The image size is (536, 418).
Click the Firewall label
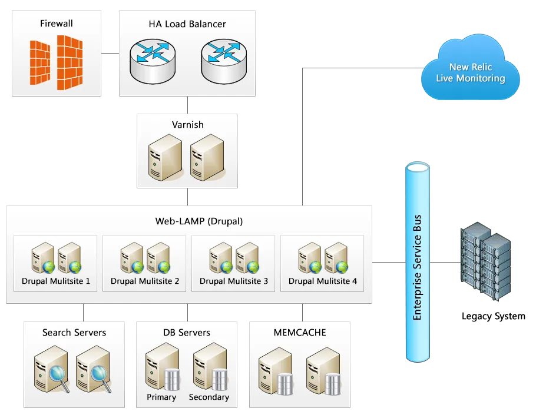(x=57, y=23)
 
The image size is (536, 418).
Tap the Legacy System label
(x=493, y=316)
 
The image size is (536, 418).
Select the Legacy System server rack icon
(x=485, y=261)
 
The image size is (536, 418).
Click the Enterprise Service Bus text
(x=418, y=268)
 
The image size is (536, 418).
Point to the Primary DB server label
(x=161, y=397)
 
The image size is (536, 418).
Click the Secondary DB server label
(x=209, y=397)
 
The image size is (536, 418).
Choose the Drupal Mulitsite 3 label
(x=234, y=281)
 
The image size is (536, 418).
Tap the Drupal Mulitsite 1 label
(x=56, y=281)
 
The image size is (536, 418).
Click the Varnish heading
(x=188, y=124)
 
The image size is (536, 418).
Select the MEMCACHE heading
(x=300, y=333)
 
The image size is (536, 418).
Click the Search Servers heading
(x=74, y=333)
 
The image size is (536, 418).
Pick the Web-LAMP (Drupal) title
(x=199, y=221)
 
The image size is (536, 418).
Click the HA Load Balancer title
(x=187, y=24)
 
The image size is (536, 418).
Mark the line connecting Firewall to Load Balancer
(x=110, y=53)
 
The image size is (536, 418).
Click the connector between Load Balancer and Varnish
(x=187, y=105)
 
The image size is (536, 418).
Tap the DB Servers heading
(x=187, y=333)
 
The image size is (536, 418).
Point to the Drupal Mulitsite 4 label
(x=323, y=281)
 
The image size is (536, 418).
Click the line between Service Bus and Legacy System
(x=445, y=262)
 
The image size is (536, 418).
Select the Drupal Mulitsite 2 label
(x=145, y=281)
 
